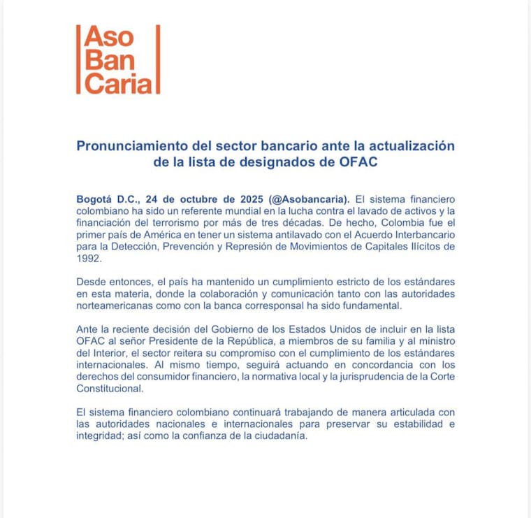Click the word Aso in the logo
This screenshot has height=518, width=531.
106,38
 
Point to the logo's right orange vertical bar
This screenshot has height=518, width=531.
158,59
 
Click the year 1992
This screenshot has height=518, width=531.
89,257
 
